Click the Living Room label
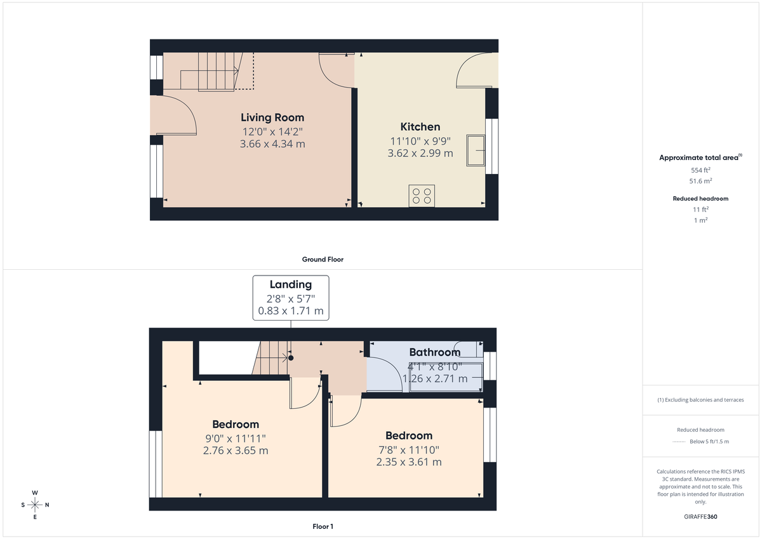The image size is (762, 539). coord(272,117)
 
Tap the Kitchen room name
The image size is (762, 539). coord(420,126)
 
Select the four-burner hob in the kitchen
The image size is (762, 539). coord(422,196)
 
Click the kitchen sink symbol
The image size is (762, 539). coord(476,150)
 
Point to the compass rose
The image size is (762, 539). coord(35,505)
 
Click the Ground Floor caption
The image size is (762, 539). coord(323,259)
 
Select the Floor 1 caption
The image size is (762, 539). coord(323,526)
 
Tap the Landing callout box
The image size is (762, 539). coord(291,297)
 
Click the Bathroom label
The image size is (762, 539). coord(434,352)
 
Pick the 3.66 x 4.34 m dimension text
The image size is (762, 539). coord(272,144)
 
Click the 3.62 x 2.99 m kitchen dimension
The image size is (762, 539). coord(420,153)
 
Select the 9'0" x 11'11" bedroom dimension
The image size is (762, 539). coord(236,438)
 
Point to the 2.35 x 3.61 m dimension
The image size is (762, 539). coord(409,462)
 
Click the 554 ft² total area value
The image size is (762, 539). coord(700,170)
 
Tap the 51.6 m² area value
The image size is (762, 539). coord(700,181)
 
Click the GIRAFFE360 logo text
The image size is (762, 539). coord(700,517)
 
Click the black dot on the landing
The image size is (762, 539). coord(291,358)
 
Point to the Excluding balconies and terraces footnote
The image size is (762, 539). coord(700,400)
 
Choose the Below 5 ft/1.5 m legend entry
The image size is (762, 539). coord(709,442)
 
